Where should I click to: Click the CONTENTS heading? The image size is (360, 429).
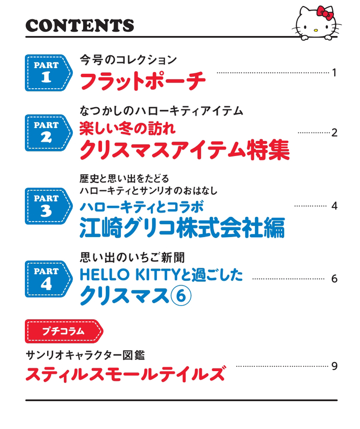[80, 25]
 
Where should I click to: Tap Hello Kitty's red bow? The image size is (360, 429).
[325, 13]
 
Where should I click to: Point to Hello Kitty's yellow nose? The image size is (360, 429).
[316, 30]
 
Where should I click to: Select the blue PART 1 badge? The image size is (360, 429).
[48, 73]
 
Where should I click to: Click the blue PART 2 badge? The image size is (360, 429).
[48, 133]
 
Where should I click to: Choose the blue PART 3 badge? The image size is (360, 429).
[48, 206]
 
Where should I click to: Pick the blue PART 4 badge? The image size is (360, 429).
[48, 279]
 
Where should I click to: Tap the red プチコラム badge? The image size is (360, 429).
[64, 331]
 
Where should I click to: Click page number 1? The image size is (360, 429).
[334, 73]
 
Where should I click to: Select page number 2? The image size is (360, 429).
[334, 133]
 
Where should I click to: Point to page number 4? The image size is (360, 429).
[334, 206]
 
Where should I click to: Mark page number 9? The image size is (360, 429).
[334, 366]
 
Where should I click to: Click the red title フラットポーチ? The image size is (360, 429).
[142, 81]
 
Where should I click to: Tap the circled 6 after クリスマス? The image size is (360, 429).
[181, 296]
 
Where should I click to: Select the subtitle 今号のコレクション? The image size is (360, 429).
[128, 60]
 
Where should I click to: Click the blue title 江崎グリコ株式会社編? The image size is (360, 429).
[182, 227]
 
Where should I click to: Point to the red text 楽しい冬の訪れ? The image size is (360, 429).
[127, 128]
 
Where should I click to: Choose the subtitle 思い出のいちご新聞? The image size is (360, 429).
[133, 257]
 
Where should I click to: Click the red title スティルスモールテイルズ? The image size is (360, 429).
[126, 374]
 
